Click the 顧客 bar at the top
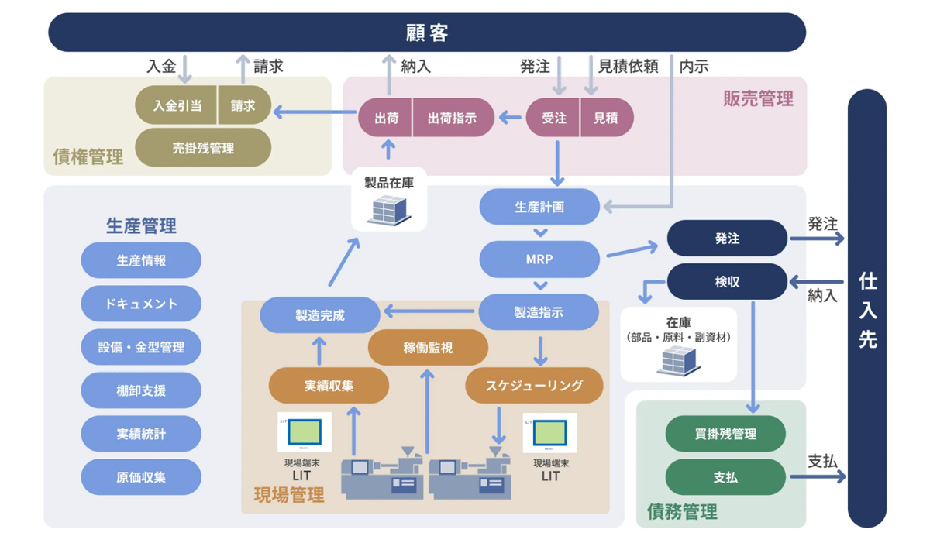427,33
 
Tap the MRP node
539,259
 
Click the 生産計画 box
539,208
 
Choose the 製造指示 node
539,313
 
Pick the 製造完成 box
319,315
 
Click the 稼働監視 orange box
428,349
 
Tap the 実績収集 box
329,385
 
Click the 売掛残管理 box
203,148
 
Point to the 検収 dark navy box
727,282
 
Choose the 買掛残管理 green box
725,434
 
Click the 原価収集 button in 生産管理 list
141,477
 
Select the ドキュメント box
141,304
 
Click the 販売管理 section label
758,98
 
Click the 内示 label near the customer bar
694,67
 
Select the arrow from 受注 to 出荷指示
510,119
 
